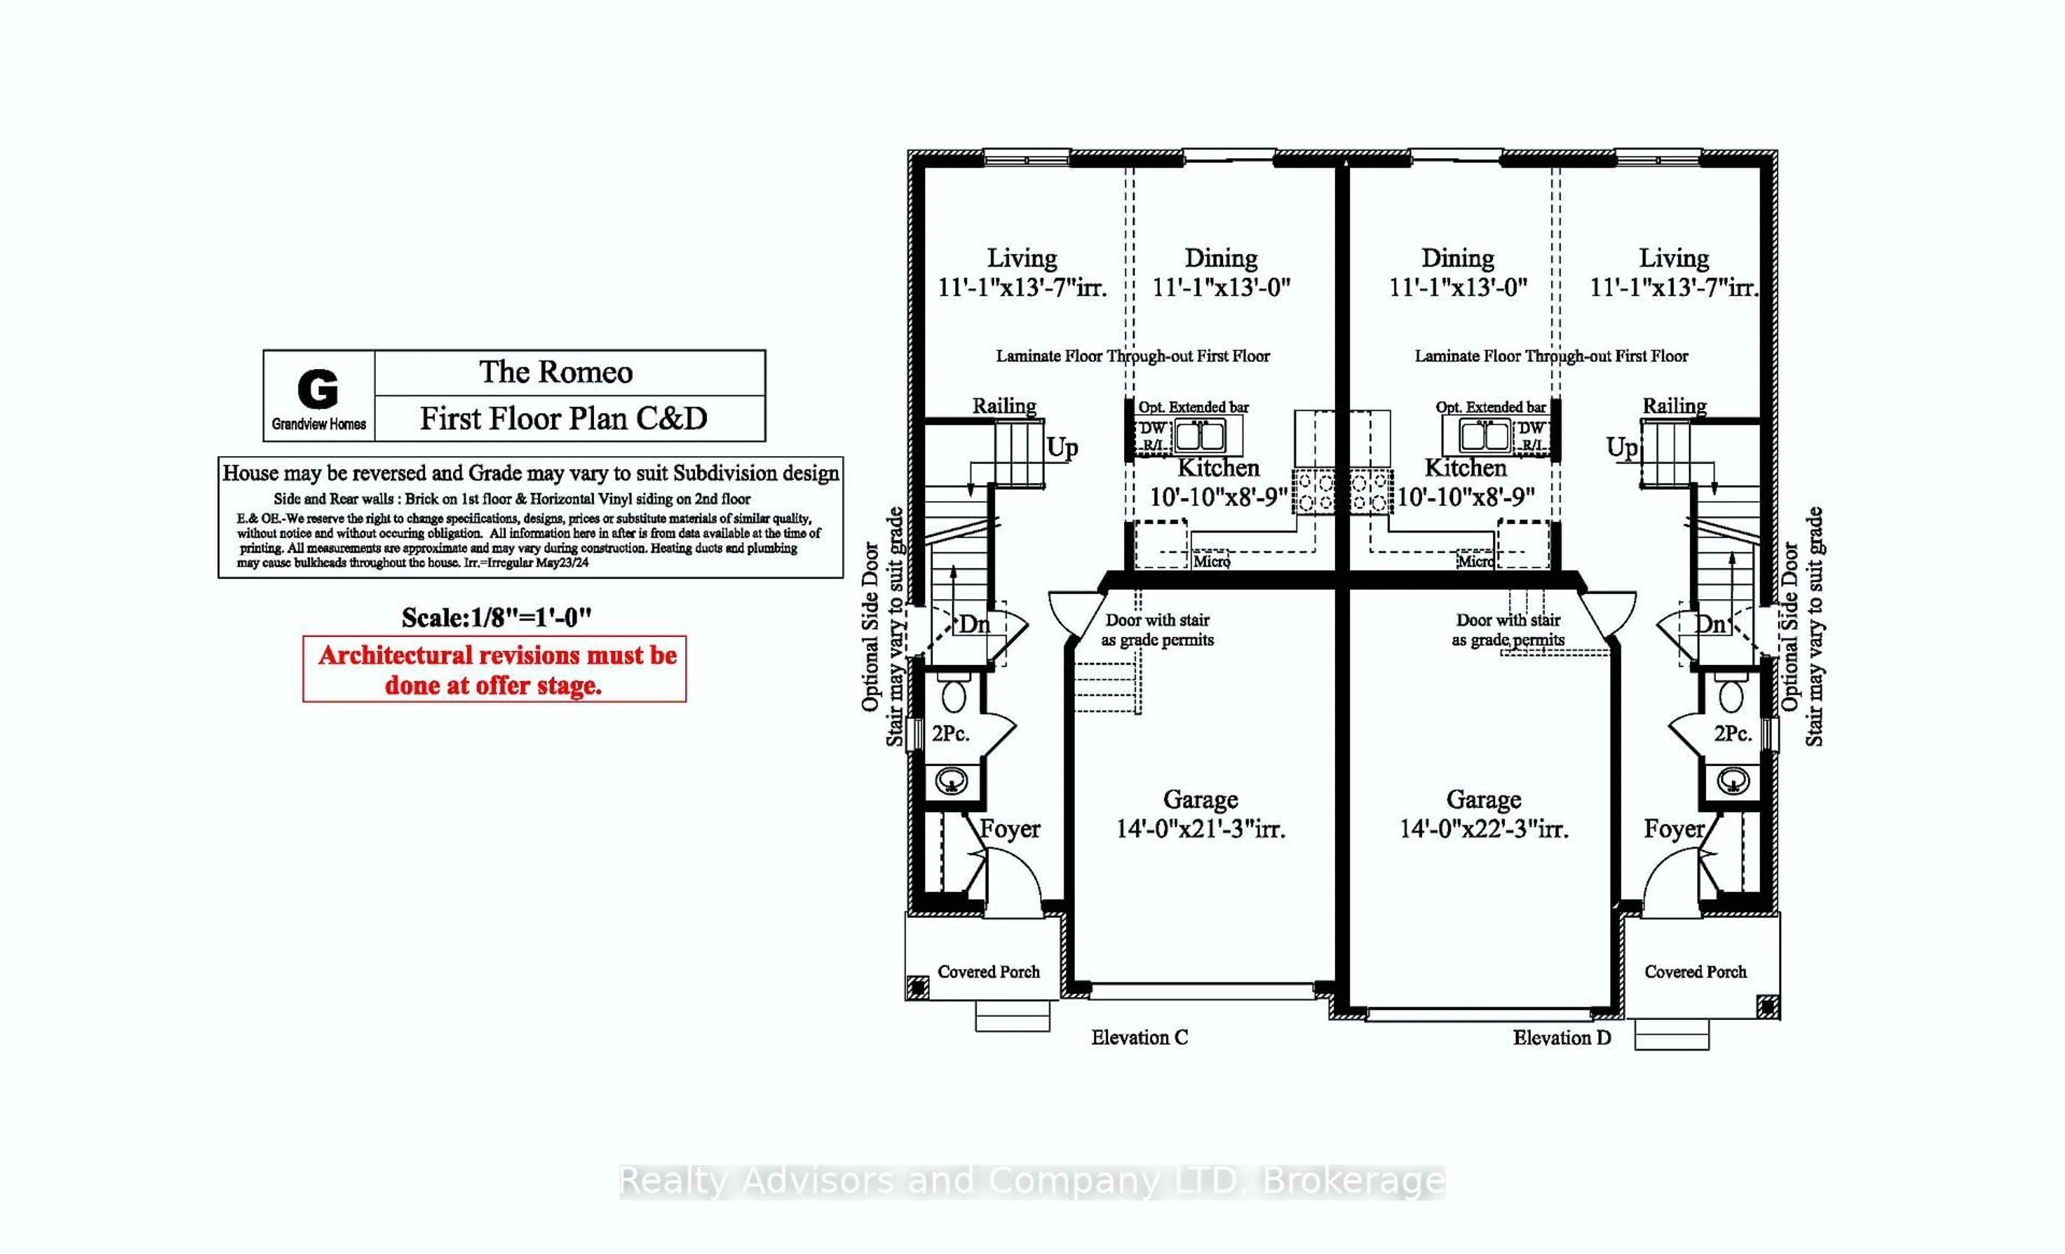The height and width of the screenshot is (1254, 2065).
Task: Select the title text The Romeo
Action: [556, 372]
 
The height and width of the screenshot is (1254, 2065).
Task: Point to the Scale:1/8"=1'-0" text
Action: [496, 618]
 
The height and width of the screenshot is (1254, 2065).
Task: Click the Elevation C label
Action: [1139, 1038]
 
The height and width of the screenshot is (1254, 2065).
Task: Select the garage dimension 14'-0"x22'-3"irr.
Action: [1483, 829]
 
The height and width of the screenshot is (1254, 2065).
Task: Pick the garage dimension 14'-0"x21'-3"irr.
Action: [1200, 829]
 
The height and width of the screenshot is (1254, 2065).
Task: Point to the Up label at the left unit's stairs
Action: [1062, 447]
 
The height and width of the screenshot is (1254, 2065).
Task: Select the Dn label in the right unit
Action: [1710, 624]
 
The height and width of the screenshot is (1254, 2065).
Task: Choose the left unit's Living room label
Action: [1022, 258]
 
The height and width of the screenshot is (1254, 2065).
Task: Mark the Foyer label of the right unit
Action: [1674, 829]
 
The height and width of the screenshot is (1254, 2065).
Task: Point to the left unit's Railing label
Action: [1004, 405]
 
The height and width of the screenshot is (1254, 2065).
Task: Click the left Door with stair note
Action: [1157, 630]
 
